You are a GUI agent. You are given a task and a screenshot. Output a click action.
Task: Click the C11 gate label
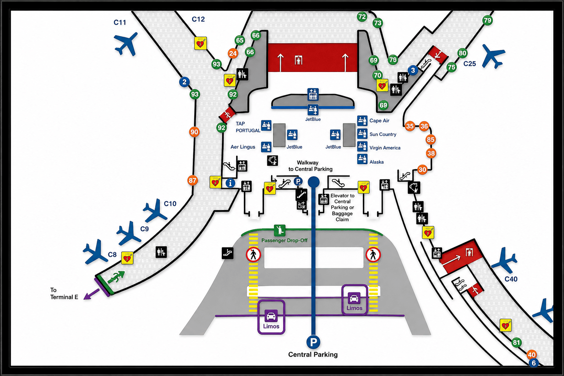pos(120,22)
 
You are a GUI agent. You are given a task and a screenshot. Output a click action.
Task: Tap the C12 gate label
pos(198,19)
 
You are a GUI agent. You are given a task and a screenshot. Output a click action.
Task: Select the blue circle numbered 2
pos(184,82)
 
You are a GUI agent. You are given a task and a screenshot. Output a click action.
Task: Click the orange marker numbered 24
pos(233,53)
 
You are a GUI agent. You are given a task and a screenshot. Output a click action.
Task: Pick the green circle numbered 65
pos(240,40)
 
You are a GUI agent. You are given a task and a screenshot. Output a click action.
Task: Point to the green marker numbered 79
pos(488,21)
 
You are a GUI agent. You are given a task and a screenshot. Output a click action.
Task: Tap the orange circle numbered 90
pos(194,132)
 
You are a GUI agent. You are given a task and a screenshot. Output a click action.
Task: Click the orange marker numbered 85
pos(431,140)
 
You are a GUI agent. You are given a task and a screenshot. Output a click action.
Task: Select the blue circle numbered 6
pos(534,363)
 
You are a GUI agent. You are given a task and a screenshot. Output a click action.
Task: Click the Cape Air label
pos(379,121)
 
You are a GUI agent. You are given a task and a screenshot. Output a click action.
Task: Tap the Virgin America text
pos(385,148)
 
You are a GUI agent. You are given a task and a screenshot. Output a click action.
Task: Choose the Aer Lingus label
pos(243,147)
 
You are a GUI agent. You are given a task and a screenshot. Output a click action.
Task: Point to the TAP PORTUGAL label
pos(248,127)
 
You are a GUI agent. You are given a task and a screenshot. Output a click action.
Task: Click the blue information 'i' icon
pos(230,183)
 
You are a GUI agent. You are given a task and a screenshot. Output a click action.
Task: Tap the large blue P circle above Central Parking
pos(313,342)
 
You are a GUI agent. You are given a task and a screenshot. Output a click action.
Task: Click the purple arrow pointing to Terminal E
pos(91,294)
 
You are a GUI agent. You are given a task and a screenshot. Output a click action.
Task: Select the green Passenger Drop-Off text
pos(284,241)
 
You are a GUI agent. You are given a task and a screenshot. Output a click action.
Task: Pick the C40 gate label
pos(511,279)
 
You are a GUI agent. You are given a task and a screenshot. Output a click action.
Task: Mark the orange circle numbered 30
pos(422,170)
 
